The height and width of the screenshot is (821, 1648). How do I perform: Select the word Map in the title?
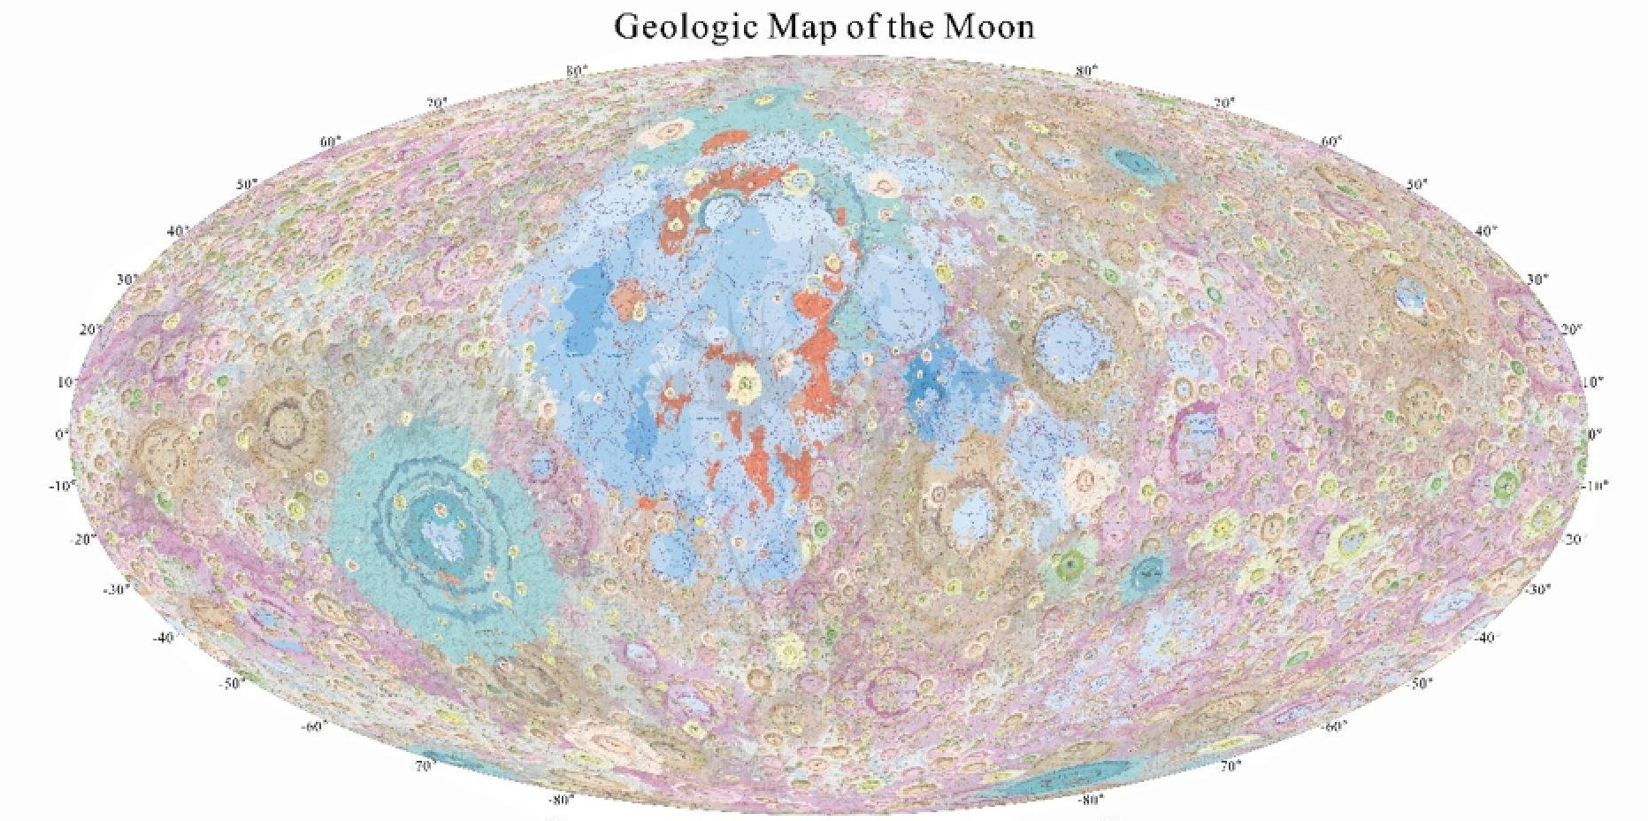801,27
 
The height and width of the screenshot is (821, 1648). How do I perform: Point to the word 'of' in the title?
862,27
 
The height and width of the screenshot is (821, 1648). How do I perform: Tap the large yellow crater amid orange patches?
745,383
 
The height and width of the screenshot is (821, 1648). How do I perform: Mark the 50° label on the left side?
247,184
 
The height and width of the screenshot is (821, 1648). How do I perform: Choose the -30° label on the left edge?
116,589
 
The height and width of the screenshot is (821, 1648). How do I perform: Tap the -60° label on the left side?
313,726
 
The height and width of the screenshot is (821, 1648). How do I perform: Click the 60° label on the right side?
1331,142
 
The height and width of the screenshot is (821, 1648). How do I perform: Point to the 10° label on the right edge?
1591,382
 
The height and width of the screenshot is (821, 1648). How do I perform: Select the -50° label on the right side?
1420,683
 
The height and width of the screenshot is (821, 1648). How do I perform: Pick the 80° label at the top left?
576,71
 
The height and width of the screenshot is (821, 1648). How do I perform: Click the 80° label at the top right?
1086,71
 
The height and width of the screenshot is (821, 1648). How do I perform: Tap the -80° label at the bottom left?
561,800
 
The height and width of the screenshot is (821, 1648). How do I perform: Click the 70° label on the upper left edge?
437,104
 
